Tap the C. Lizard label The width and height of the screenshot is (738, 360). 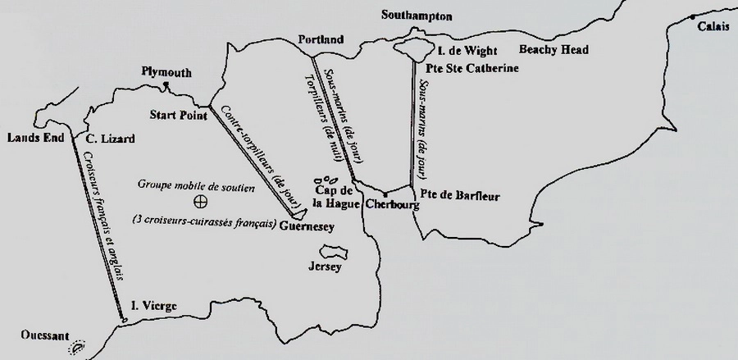(x=110, y=140)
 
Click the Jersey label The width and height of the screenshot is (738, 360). (x=323, y=267)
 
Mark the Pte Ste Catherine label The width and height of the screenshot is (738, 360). (x=471, y=69)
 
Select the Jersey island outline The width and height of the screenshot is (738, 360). (x=334, y=249)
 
